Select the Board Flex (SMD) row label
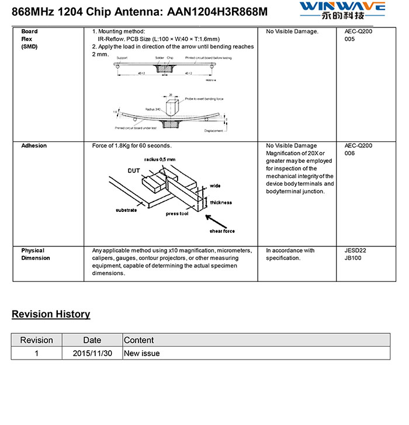click(29, 39)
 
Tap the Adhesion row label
click(34, 145)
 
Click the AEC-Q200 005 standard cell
click(358, 35)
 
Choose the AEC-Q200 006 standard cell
click(358, 149)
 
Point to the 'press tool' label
click(177, 214)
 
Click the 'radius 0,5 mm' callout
click(160, 159)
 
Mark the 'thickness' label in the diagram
click(221, 203)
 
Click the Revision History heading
click(51, 314)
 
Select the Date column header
click(92, 340)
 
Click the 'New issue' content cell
click(142, 353)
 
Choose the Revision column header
click(36, 340)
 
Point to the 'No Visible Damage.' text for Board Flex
click(292, 32)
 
